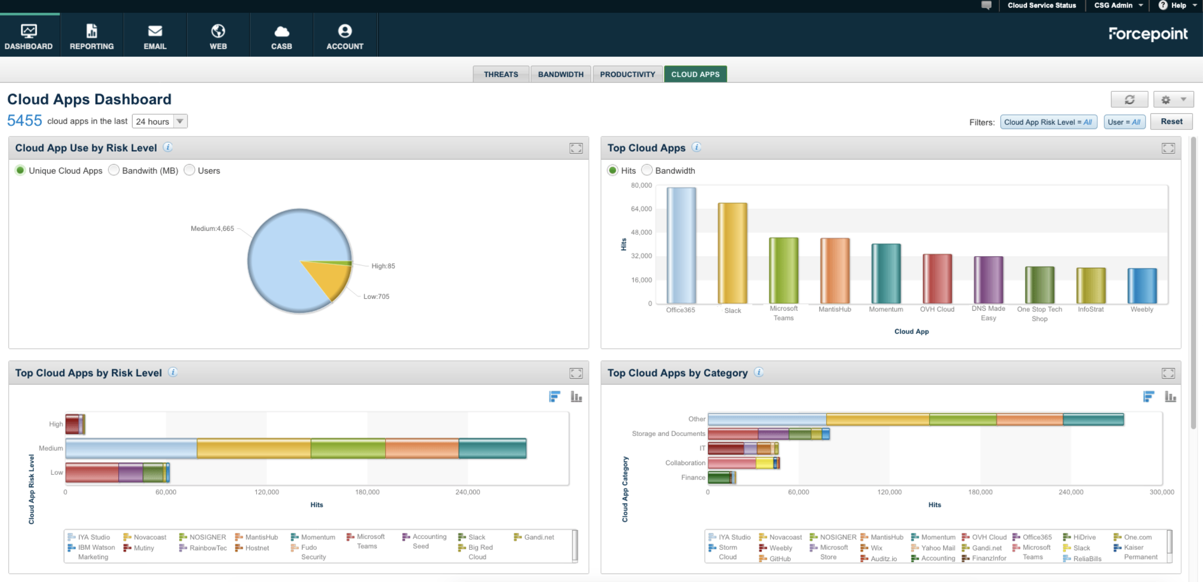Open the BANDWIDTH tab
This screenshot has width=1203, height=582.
560,74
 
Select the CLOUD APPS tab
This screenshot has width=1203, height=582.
695,74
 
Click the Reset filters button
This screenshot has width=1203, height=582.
1171,121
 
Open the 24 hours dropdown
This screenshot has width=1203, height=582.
160,121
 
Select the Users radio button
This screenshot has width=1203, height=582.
189,170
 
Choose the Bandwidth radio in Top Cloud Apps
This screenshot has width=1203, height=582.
647,170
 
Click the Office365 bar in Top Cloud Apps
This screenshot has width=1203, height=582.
681,245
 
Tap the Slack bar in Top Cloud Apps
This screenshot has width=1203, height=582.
732,253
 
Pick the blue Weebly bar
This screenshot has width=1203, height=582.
1142,286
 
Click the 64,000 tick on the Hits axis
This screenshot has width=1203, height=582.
641,209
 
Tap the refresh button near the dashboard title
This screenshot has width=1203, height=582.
1129,100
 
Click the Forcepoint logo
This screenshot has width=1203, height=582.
1148,33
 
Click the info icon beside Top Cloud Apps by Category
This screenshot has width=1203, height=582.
759,372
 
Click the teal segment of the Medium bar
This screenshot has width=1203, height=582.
492,449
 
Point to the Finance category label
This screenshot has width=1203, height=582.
693,478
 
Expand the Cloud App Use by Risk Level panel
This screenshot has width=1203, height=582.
576,149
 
